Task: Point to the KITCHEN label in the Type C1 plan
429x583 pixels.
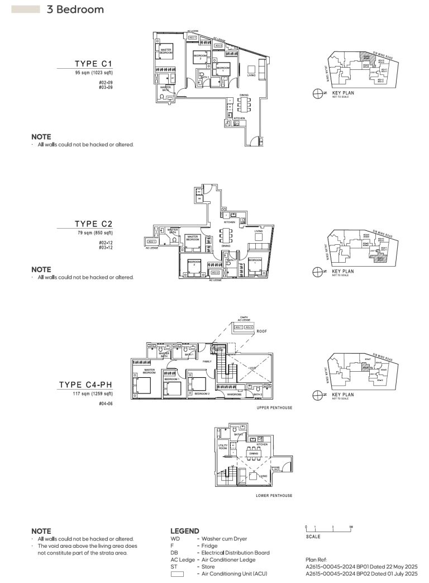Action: coord(240,119)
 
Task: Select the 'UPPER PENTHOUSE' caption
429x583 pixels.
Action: coord(274,407)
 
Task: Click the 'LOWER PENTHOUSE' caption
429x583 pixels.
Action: coord(274,496)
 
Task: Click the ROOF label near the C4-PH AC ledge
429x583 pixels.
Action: coord(262,331)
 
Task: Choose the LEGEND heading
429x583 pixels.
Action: coord(184,531)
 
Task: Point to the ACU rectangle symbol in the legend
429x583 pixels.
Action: coord(177,573)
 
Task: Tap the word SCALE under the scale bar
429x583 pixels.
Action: coord(313,537)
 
